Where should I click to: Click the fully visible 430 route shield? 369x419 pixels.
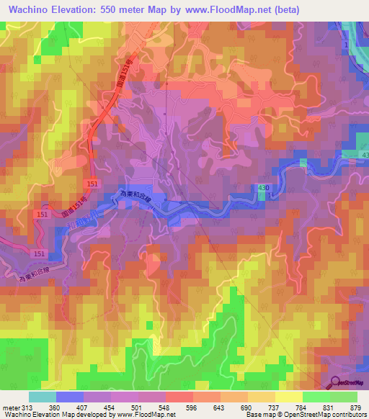(x=264, y=187)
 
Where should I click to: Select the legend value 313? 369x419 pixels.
(x=28, y=407)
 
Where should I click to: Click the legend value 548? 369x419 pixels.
(x=165, y=407)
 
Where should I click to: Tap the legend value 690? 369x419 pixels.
(x=247, y=407)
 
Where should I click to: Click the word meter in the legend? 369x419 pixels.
(x=11, y=407)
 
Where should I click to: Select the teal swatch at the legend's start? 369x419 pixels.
(x=42, y=397)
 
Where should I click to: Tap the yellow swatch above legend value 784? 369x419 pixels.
(x=288, y=397)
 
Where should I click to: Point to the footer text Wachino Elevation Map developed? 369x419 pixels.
(x=43, y=415)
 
